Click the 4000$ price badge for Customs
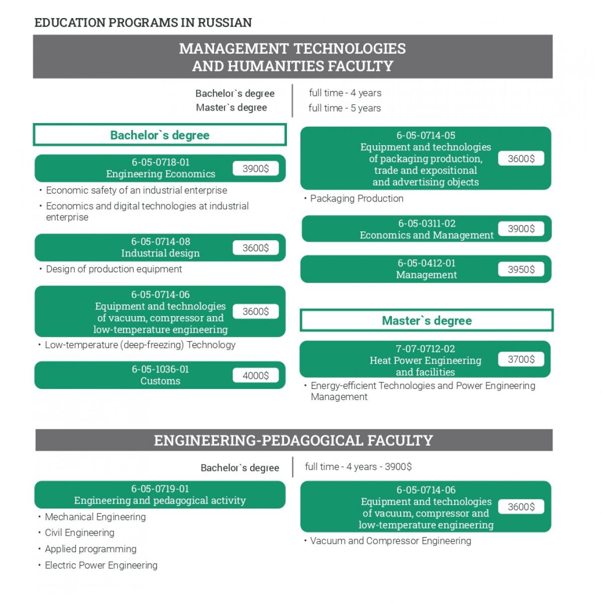pyautogui.click(x=255, y=375)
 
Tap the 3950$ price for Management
pyautogui.click(x=521, y=269)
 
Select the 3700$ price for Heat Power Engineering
pyautogui.click(x=521, y=359)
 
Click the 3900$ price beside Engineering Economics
pyautogui.click(x=255, y=168)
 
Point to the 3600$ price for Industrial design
pyautogui.click(x=255, y=248)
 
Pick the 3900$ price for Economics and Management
pyautogui.click(x=521, y=229)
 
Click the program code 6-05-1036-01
pyautogui.click(x=160, y=369)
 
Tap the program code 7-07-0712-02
pyautogui.click(x=425, y=349)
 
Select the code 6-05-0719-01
pyautogui.click(x=160, y=488)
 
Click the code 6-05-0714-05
pyautogui.click(x=426, y=135)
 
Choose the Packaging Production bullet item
pyautogui.click(x=356, y=198)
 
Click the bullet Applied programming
pyautogui.click(x=90, y=549)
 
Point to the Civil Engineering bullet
pyautogui.click(x=79, y=533)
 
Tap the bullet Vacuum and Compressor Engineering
pyautogui.click(x=390, y=541)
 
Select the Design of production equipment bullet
pyautogui.click(x=114, y=269)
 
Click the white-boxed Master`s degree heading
pyautogui.click(x=427, y=321)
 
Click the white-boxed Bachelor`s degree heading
pyautogui.click(x=160, y=135)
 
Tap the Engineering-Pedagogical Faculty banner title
pyautogui.click(x=293, y=440)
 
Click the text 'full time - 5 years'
pyautogui.click(x=344, y=108)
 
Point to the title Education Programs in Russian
pyautogui.click(x=143, y=23)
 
